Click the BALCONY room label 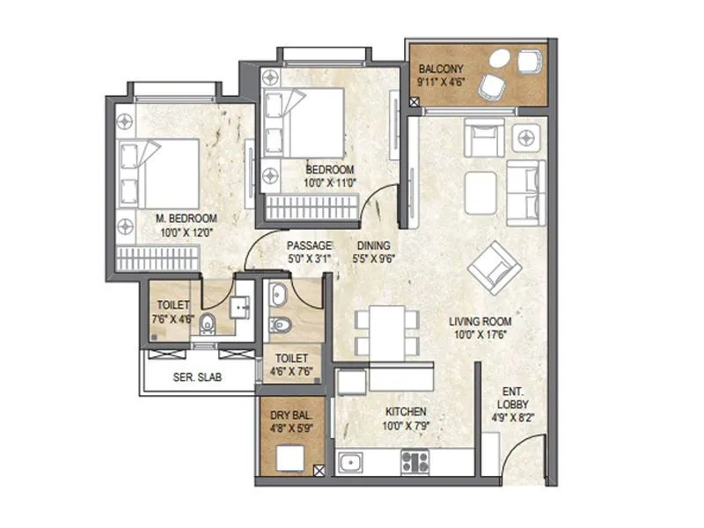pos(441,68)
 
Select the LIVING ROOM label pos(480,322)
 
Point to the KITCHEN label pos(405,411)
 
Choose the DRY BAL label pos(289,414)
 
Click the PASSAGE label pos(309,246)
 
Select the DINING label pos(374,246)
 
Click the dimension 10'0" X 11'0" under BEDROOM pos(330,182)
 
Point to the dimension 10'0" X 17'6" pos(480,334)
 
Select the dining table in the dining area pos(384,333)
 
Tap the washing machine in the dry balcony pos(290,458)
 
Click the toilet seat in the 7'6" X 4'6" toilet pos(209,324)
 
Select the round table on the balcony pos(498,60)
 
